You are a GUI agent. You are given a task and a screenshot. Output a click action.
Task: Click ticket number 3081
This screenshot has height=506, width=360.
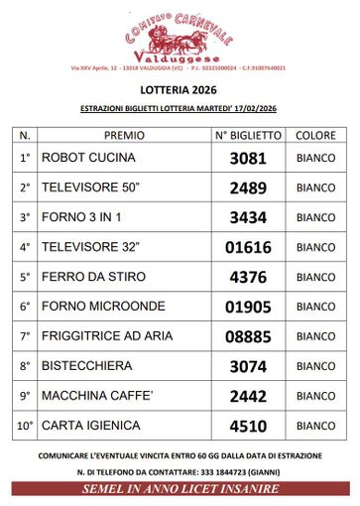pyautogui.click(x=248, y=158)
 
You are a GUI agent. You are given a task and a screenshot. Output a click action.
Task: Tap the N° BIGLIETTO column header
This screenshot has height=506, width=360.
pyautogui.click(x=249, y=134)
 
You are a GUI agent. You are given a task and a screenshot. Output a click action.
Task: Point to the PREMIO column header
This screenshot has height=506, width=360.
pyautogui.click(x=124, y=134)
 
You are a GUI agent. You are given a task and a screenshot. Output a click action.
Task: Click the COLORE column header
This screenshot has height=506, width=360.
pyautogui.click(x=315, y=134)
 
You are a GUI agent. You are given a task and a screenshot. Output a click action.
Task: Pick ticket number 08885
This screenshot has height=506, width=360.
pyautogui.click(x=248, y=336)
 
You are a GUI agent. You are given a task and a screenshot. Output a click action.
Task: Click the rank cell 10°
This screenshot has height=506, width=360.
pyautogui.click(x=26, y=427)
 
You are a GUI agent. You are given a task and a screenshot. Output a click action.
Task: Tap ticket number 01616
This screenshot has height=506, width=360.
pyautogui.click(x=248, y=247)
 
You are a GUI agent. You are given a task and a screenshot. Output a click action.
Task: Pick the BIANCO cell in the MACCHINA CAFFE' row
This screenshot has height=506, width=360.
pyautogui.click(x=315, y=396)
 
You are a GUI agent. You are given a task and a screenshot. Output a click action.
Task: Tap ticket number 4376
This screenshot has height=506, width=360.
pyautogui.click(x=248, y=277)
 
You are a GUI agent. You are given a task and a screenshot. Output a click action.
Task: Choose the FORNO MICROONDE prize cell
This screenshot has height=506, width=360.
pyautogui.click(x=103, y=307)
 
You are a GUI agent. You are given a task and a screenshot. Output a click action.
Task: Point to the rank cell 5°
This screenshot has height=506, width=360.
pyautogui.click(x=26, y=277)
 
